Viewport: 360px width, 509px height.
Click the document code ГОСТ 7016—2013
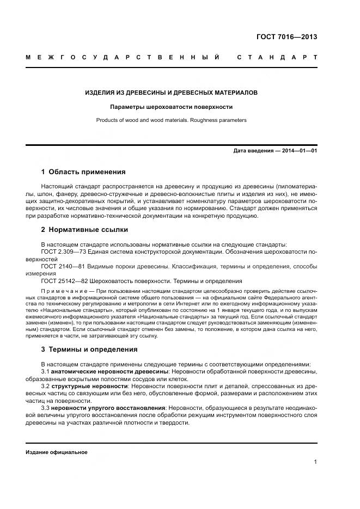click(286, 38)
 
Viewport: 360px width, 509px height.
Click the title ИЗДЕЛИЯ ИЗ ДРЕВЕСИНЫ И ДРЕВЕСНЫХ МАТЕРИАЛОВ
click(172, 93)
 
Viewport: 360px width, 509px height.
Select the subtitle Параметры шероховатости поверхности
click(172, 107)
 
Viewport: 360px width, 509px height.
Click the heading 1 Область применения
click(83, 172)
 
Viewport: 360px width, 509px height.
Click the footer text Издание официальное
click(56, 452)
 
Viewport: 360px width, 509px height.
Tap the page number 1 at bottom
click(315, 462)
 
